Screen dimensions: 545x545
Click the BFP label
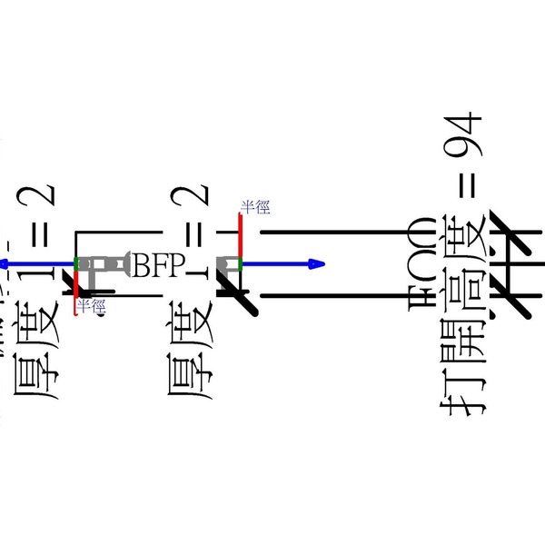pos(159,265)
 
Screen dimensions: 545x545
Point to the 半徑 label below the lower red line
pos(91,307)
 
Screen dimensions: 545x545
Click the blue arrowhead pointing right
pos(316,264)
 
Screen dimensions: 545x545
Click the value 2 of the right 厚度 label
pos(194,198)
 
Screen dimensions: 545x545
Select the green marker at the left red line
pos(77,264)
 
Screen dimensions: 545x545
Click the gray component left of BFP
pos(105,264)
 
